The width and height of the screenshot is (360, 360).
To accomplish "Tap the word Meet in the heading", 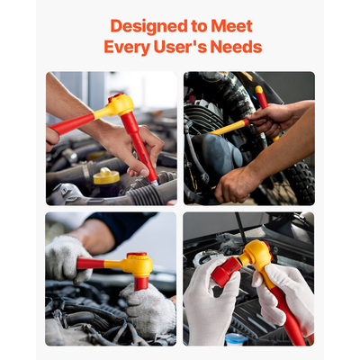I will (230, 26).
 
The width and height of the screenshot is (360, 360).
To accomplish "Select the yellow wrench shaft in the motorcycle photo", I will (229, 127).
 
